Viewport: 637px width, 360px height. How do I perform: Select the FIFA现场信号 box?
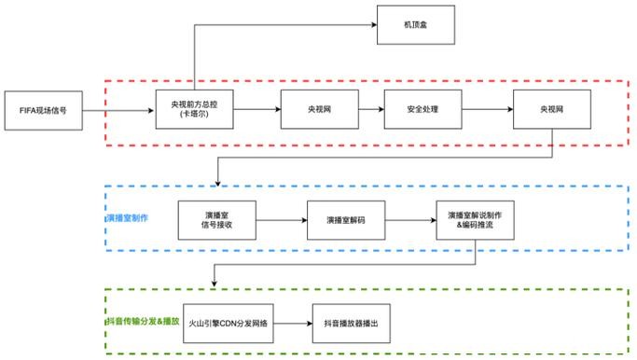tap(41, 110)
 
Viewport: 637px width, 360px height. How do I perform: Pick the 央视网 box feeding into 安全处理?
tap(317, 110)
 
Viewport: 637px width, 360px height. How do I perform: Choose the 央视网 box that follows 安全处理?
tap(550, 110)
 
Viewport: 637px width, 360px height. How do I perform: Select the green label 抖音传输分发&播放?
tap(139, 321)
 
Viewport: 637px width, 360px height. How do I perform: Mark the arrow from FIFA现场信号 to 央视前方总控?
tap(117, 110)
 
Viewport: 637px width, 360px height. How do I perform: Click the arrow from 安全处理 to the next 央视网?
tap(487, 110)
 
